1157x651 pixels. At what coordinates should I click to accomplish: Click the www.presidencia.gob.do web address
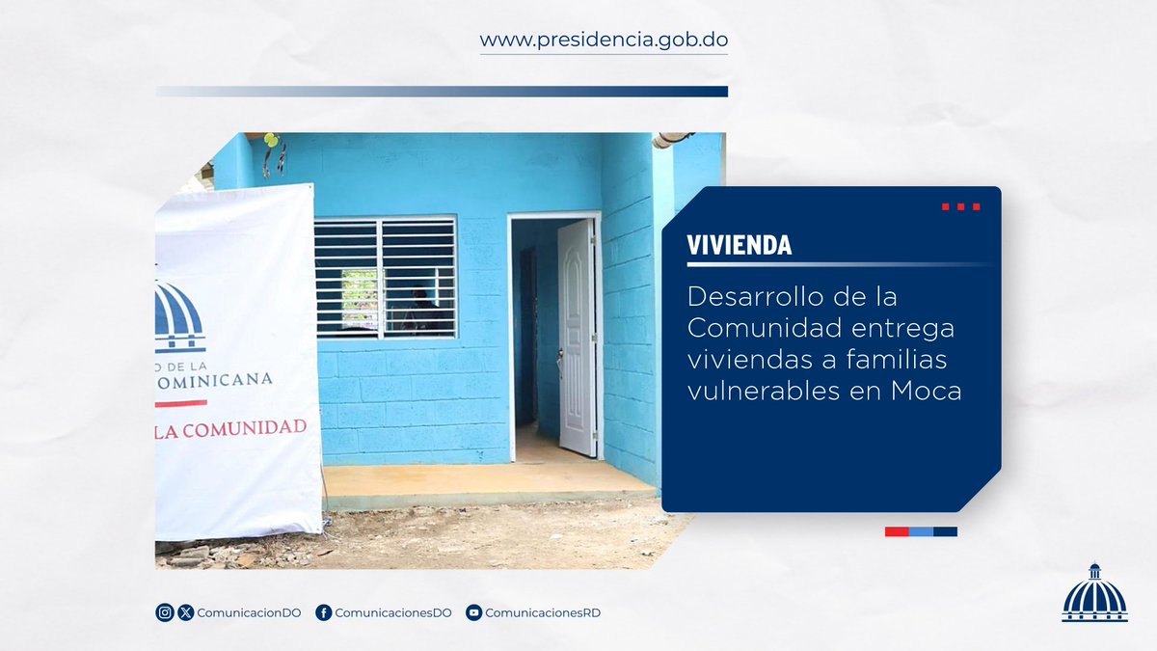[x=604, y=41]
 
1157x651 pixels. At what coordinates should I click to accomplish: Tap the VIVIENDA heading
[x=740, y=246]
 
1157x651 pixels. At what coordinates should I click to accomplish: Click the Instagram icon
[x=165, y=612]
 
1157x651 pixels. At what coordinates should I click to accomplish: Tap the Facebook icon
[x=324, y=612]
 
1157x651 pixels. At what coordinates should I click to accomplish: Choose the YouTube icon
[x=473, y=612]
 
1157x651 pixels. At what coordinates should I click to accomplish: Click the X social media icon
[x=186, y=612]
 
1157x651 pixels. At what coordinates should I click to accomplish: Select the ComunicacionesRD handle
[x=543, y=612]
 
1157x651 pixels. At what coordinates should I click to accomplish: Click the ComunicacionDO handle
[x=249, y=612]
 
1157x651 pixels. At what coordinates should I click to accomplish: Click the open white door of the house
[x=577, y=338]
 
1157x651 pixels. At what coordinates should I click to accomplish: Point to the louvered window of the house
[x=386, y=277]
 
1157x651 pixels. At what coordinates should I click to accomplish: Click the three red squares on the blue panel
[x=960, y=206]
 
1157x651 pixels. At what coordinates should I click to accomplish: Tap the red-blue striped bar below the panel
[x=921, y=531]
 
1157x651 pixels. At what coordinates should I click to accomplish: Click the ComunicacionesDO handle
[x=393, y=612]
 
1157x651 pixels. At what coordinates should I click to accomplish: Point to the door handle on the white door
[x=560, y=355]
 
